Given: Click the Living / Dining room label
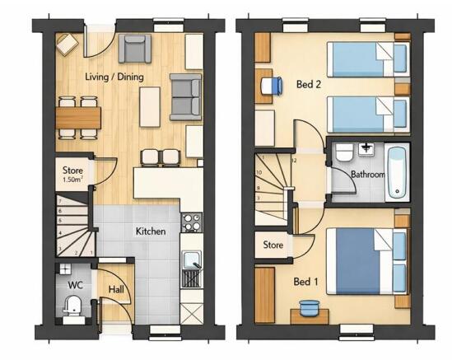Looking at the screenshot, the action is click(x=114, y=77).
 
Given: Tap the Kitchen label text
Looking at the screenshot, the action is click(x=151, y=231).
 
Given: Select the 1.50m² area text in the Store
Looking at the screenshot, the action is click(x=73, y=180).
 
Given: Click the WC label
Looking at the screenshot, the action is click(x=76, y=285).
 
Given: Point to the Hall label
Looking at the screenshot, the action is click(x=116, y=289).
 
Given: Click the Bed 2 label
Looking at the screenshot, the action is click(x=309, y=85).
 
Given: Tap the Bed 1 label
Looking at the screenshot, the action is click(x=305, y=282).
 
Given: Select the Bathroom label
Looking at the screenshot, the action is click(x=368, y=175).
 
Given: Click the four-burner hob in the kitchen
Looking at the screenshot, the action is click(x=191, y=222).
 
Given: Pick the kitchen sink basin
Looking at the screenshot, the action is click(x=191, y=259).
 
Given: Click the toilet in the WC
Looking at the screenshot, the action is click(x=72, y=306).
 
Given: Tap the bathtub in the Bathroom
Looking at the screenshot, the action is click(x=397, y=173).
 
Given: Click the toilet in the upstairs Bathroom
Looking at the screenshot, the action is click(x=344, y=152).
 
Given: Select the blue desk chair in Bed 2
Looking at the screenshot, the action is click(x=272, y=86).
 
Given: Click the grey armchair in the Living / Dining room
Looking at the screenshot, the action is click(x=135, y=49).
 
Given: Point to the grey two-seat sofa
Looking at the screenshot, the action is click(x=185, y=97).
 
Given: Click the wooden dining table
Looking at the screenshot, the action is click(x=78, y=118).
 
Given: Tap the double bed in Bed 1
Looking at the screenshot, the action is click(x=367, y=261).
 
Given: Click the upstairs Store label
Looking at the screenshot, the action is click(x=273, y=245).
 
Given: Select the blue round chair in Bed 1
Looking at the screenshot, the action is click(x=310, y=307).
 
